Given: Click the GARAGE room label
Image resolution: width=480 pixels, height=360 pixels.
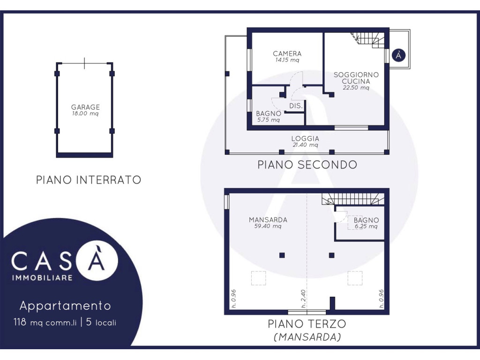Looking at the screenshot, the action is (x=85, y=107).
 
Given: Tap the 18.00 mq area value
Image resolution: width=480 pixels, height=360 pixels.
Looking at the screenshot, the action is (x=85, y=113).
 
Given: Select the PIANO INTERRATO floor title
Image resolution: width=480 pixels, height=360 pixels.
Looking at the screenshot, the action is (x=89, y=180).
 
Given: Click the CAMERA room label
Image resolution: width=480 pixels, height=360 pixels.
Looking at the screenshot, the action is (x=287, y=53).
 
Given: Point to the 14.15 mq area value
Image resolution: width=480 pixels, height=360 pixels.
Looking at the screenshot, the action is (x=287, y=60).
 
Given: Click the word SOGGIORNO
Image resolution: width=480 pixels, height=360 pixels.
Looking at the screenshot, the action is (x=356, y=75).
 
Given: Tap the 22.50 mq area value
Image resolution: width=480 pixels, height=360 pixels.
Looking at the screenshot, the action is (x=356, y=88).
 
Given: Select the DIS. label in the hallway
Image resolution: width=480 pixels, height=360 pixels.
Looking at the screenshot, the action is (x=296, y=106).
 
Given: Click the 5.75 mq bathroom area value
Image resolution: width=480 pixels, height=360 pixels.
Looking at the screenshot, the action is (x=269, y=120).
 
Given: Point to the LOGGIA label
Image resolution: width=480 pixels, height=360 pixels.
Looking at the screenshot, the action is (x=305, y=139).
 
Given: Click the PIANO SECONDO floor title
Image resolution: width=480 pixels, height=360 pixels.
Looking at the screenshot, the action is (x=307, y=165).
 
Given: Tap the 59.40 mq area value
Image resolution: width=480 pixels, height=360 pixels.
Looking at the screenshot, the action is (x=268, y=226).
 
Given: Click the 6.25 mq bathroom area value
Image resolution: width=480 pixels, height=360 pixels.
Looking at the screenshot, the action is (x=366, y=227).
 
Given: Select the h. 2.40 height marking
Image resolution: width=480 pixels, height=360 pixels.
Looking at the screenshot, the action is (x=303, y=299).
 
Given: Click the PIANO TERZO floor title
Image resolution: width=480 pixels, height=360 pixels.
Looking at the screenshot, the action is (x=307, y=324).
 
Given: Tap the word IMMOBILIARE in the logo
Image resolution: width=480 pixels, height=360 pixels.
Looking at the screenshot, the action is (x=42, y=278).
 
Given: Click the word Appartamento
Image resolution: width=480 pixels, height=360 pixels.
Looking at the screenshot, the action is (x=65, y=306).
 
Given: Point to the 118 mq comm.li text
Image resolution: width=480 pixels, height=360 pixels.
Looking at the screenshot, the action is (x=45, y=322).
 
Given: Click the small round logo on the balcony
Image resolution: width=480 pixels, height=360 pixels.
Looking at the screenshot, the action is (x=398, y=55).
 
